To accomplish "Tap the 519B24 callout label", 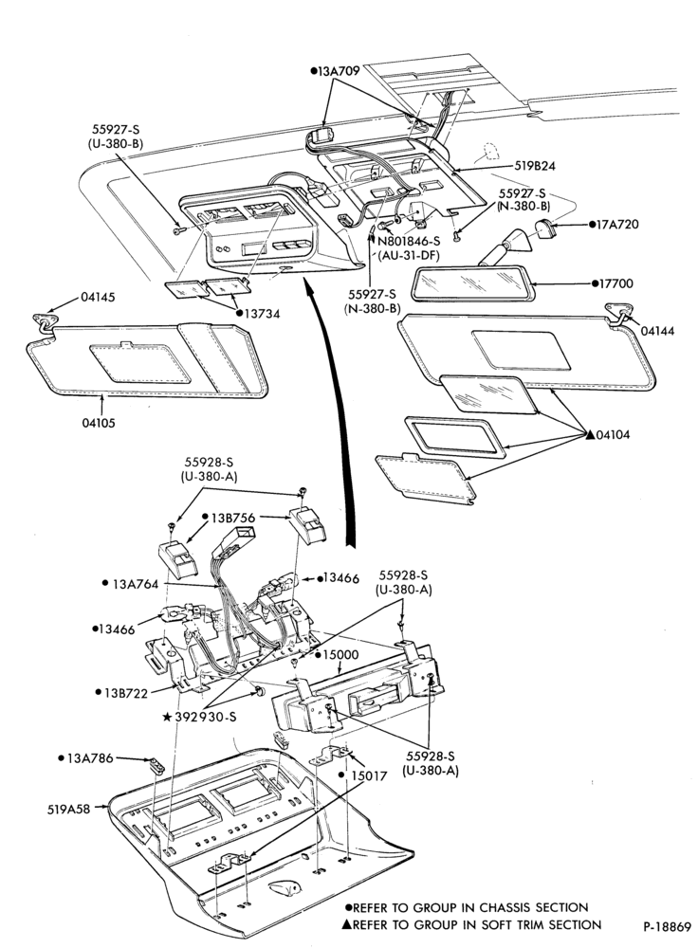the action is (x=536, y=166).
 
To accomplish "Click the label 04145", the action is (x=98, y=298).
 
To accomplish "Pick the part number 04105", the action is (x=100, y=423).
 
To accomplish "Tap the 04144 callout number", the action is (x=657, y=331).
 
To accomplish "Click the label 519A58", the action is (x=68, y=809).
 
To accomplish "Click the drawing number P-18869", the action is (x=667, y=927).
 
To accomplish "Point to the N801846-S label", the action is (x=409, y=241).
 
